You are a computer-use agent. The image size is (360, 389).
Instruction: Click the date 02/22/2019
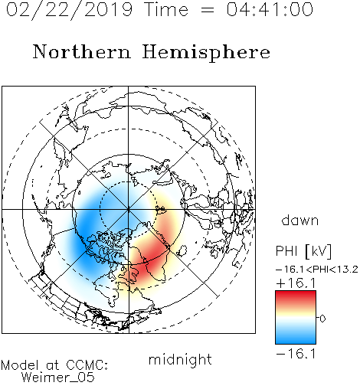(69, 10)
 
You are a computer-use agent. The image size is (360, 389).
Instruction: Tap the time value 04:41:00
(270, 9)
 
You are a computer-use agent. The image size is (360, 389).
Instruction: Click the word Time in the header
(166, 9)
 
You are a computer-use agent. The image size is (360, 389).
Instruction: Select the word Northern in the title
(82, 51)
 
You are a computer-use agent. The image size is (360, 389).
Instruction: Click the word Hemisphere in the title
(206, 52)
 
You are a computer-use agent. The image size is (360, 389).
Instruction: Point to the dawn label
(299, 220)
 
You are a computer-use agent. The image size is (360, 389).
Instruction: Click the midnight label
(180, 359)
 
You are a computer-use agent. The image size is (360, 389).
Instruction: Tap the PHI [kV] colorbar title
(303, 251)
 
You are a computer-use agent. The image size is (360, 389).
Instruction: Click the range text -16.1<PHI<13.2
(317, 270)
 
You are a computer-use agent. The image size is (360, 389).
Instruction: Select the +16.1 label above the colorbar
(296, 283)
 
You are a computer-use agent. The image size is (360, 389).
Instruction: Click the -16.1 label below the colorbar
(296, 354)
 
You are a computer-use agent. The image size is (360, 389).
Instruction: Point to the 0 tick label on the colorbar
(322, 319)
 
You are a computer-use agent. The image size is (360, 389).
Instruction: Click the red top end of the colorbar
(296, 293)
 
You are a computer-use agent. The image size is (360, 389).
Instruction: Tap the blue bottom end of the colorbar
(296, 342)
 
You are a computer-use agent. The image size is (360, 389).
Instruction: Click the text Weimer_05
(57, 378)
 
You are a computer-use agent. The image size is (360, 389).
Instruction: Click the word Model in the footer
(20, 365)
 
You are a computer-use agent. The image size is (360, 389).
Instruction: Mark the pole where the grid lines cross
(129, 209)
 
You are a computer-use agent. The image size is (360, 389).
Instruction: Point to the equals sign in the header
(208, 11)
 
